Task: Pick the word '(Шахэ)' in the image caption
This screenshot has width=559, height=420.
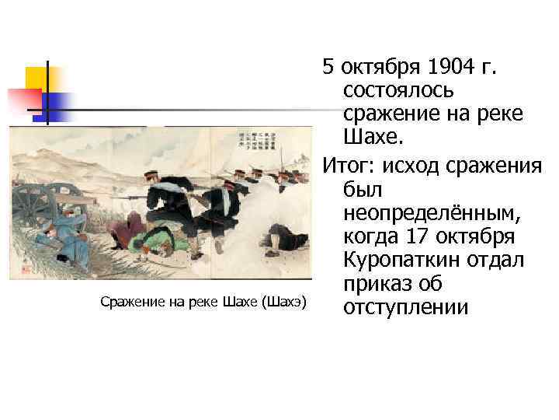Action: (283, 301)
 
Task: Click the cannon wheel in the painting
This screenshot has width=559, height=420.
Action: (35, 206)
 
